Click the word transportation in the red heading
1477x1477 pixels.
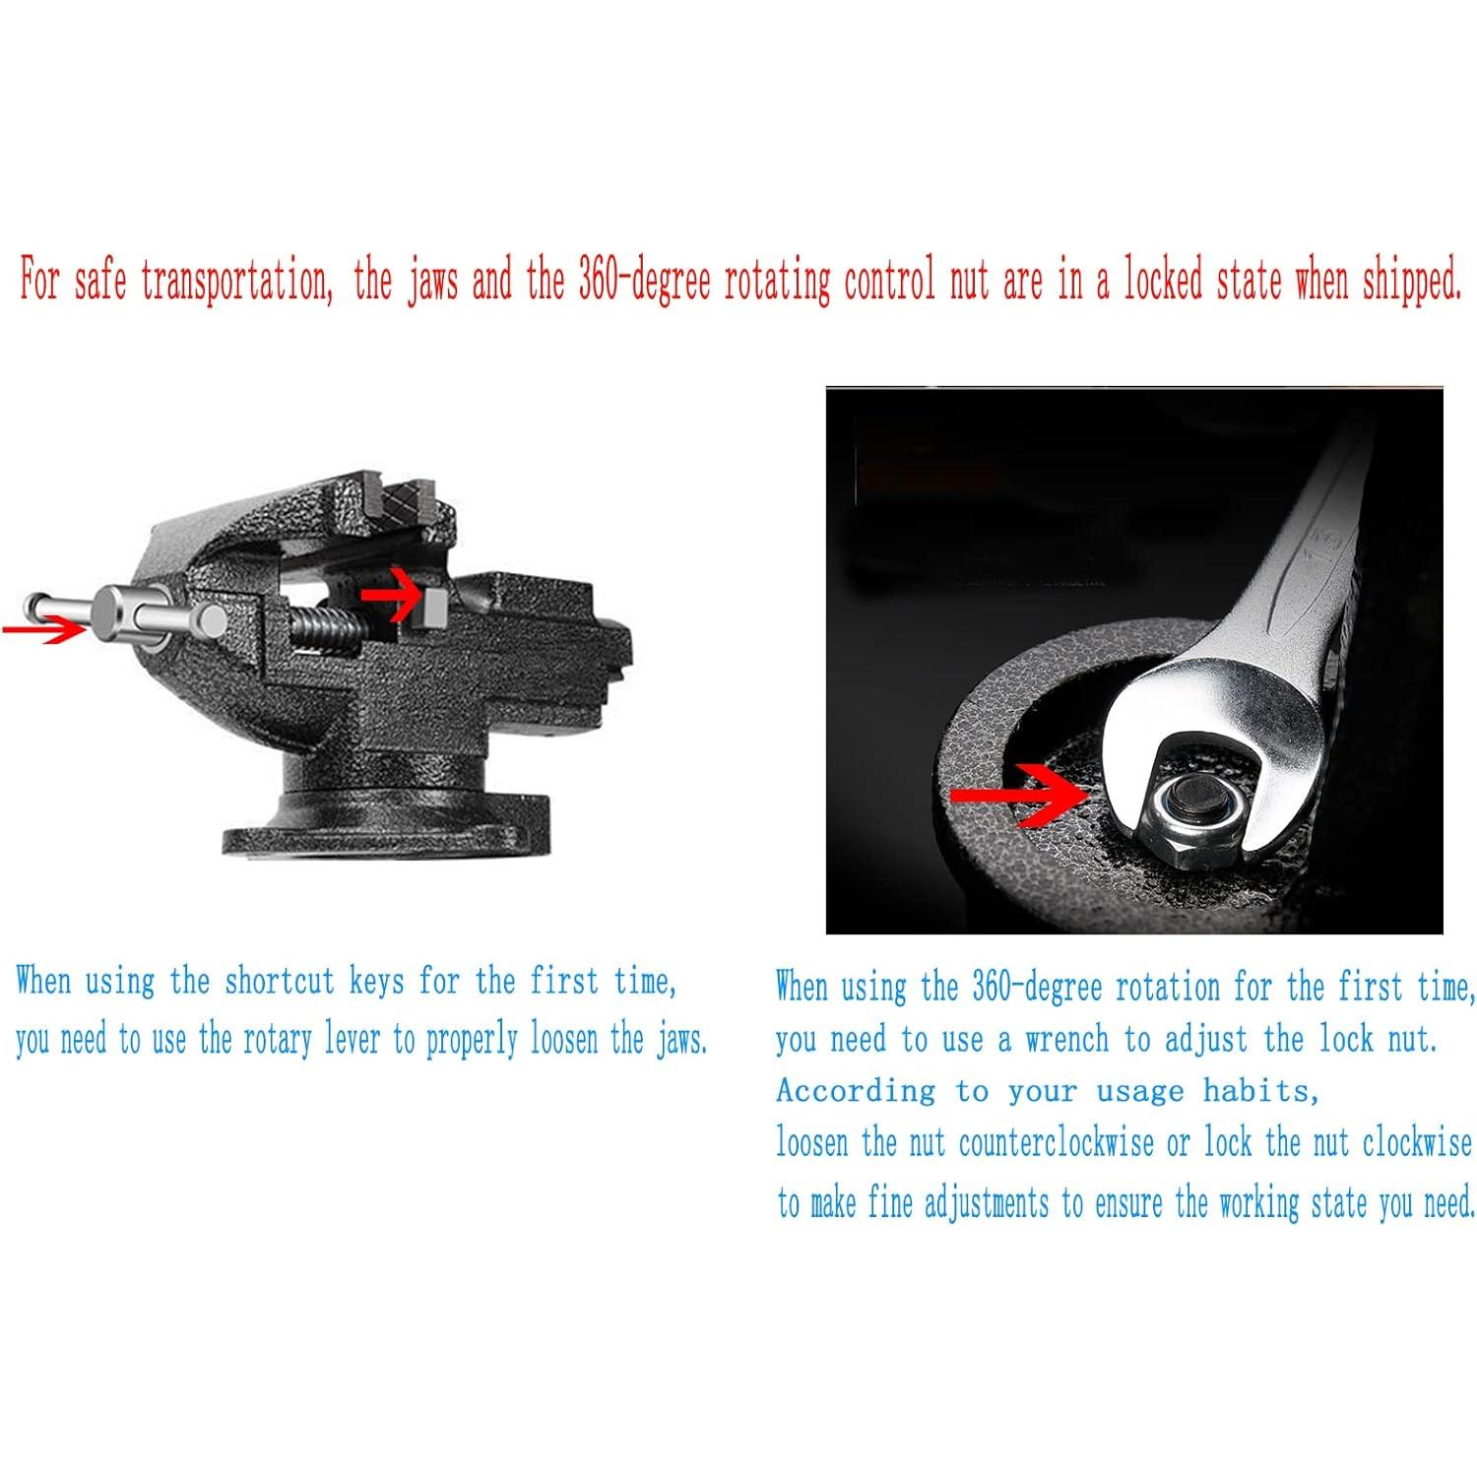(x=234, y=282)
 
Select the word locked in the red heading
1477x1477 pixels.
(x=1164, y=280)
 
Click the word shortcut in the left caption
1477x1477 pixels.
(x=280, y=982)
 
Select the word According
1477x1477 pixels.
(x=856, y=1091)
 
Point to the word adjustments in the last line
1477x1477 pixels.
(x=987, y=1203)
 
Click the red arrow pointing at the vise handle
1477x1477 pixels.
(x=44, y=628)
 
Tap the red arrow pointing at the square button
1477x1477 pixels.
(x=390, y=594)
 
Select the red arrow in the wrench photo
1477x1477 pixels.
(x=1014, y=793)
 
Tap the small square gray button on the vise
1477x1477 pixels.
(x=433, y=604)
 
